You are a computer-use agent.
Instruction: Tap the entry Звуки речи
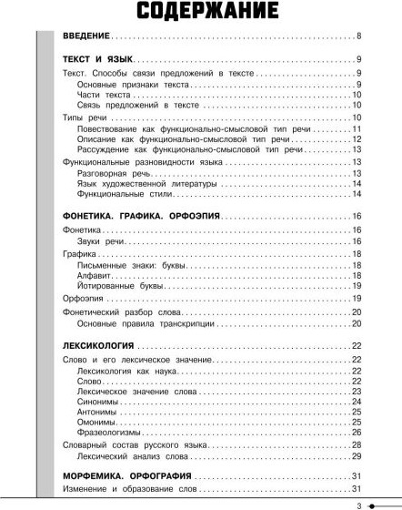click(101, 243)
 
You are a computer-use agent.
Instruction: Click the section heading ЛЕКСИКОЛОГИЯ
click(99, 347)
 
